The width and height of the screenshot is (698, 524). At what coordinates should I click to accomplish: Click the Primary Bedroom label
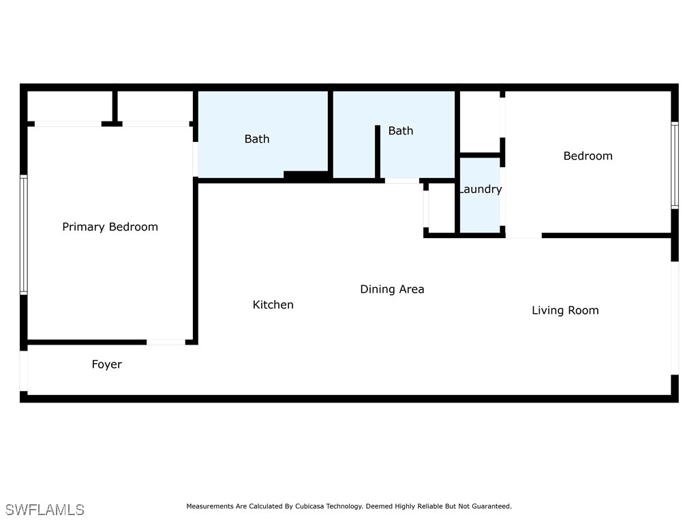(110, 227)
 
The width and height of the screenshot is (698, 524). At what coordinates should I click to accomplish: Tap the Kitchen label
(273, 305)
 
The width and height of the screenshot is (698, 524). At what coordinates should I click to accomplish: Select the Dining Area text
(392, 289)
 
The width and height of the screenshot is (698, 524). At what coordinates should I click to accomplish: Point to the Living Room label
(565, 310)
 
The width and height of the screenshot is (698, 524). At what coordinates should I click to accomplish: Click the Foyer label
(107, 364)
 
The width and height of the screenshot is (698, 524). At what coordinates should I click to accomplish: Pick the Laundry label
(481, 190)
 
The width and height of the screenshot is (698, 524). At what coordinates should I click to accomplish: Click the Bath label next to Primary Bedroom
(257, 139)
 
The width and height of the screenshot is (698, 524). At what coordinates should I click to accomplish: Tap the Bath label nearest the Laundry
(401, 131)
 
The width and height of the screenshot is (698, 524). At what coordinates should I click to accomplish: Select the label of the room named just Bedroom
(588, 156)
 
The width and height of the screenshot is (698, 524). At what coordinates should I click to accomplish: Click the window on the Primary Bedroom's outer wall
(23, 235)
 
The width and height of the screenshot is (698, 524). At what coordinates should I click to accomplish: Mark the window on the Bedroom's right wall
(674, 165)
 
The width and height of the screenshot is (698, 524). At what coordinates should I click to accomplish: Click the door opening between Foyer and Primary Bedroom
(166, 342)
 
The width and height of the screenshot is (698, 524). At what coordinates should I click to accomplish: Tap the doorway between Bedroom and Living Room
(523, 236)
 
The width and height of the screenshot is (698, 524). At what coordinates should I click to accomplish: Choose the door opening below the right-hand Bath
(402, 181)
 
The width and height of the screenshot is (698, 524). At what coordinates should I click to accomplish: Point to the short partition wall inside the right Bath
(377, 151)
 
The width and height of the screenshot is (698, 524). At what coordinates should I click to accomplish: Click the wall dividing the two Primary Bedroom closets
(115, 106)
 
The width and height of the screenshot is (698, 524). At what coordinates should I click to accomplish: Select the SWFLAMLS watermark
(45, 510)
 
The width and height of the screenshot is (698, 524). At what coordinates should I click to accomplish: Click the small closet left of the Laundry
(441, 208)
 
